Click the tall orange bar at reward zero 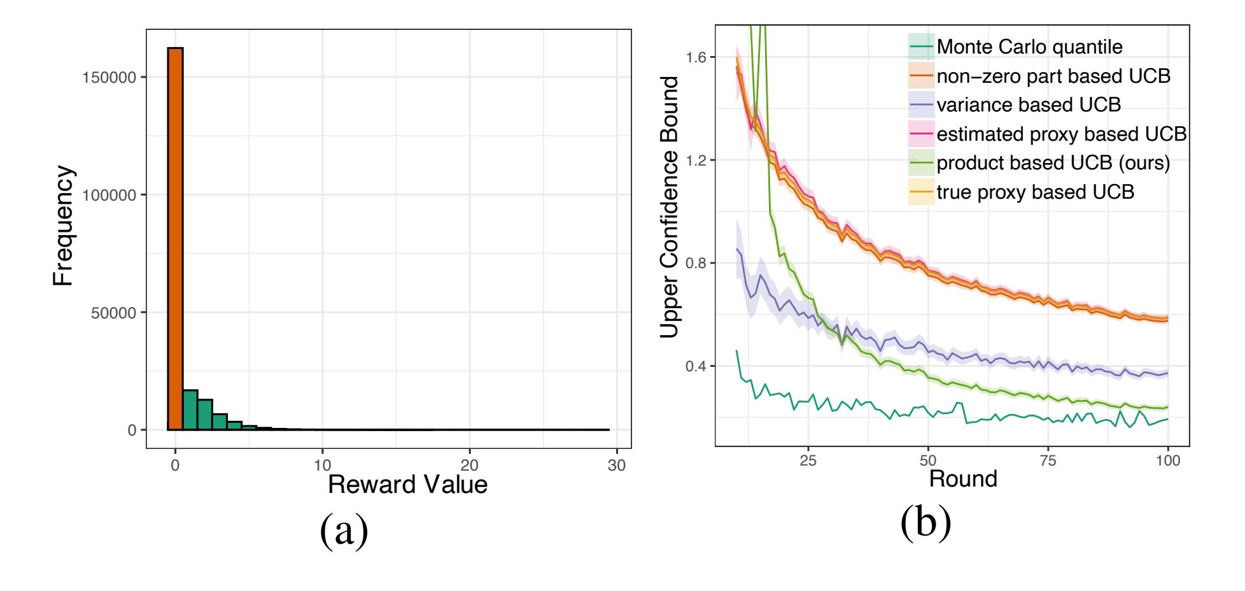pyautogui.click(x=175, y=238)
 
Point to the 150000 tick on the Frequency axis pyautogui.click(x=109, y=77)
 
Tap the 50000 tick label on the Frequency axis pyautogui.click(x=114, y=313)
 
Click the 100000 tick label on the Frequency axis pyautogui.click(x=109, y=195)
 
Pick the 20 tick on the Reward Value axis pyautogui.click(x=469, y=465)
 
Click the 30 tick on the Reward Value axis pyautogui.click(x=616, y=465)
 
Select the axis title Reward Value pyautogui.click(x=407, y=485)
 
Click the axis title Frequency pyautogui.click(x=63, y=225)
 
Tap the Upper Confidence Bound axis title pyautogui.click(x=669, y=207)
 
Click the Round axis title pyautogui.click(x=962, y=478)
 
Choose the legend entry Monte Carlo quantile pyautogui.click(x=1029, y=46)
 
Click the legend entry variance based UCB pyautogui.click(x=1028, y=104)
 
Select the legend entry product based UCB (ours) pyautogui.click(x=1053, y=163)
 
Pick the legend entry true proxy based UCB pyautogui.click(x=1035, y=192)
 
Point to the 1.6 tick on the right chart pyautogui.click(x=696, y=57)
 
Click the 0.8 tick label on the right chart pyautogui.click(x=696, y=263)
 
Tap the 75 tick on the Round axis pyautogui.click(x=1048, y=460)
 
